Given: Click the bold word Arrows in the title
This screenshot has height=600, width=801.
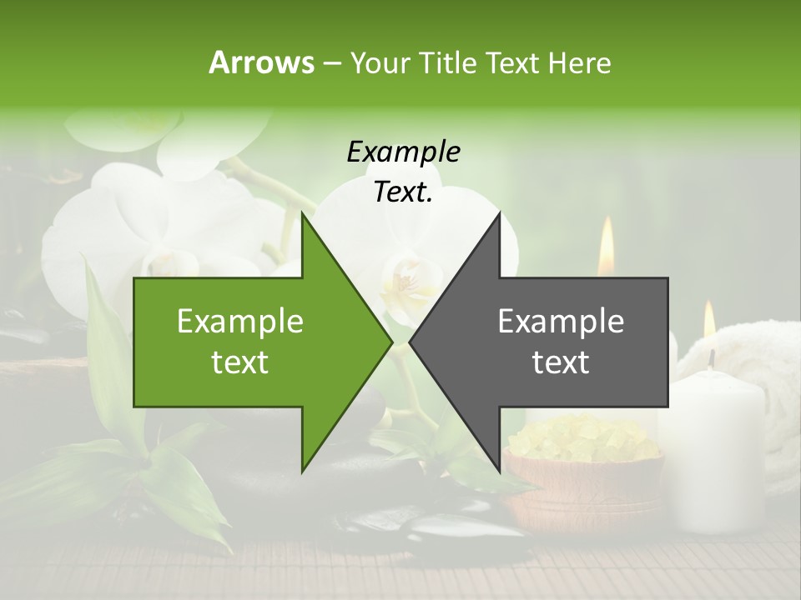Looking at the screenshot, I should (261, 62).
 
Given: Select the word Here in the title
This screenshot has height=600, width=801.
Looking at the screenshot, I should (579, 62).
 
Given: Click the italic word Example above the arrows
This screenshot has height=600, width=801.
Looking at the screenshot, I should (403, 152).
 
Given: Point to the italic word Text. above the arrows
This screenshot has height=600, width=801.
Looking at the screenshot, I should (403, 192).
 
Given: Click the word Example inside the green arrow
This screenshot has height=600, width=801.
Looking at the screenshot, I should (240, 321).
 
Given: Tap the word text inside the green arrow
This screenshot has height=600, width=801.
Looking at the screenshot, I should (240, 362).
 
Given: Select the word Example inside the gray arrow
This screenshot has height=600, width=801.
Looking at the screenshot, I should (561, 321).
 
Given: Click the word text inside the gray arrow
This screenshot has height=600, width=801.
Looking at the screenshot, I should (561, 362).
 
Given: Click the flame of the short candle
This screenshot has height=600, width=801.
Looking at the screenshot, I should (709, 321).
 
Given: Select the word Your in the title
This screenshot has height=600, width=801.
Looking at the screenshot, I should (380, 62).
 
